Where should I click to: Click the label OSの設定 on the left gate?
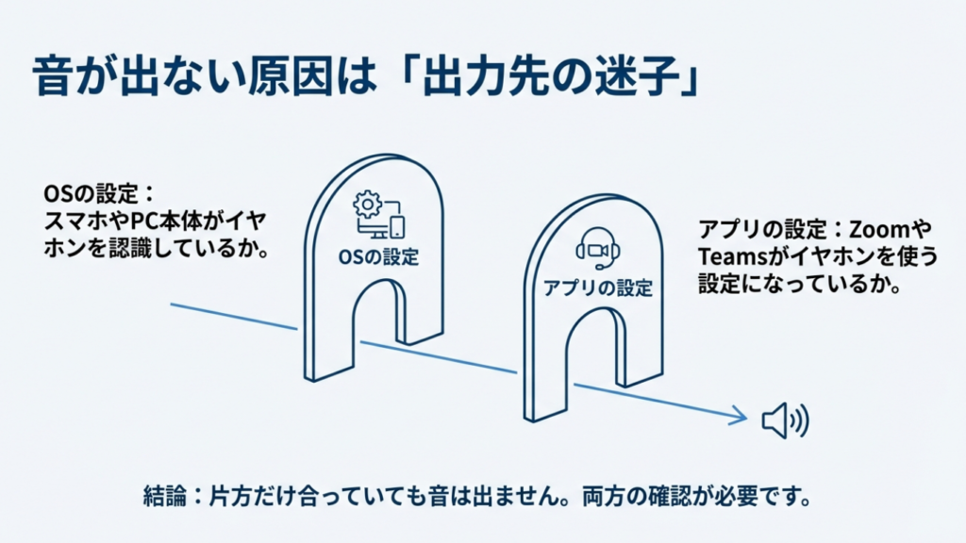click(x=377, y=256)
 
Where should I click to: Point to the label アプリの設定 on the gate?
click(x=598, y=288)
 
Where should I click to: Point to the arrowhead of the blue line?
click(x=738, y=415)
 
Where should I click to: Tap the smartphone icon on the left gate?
click(x=397, y=227)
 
